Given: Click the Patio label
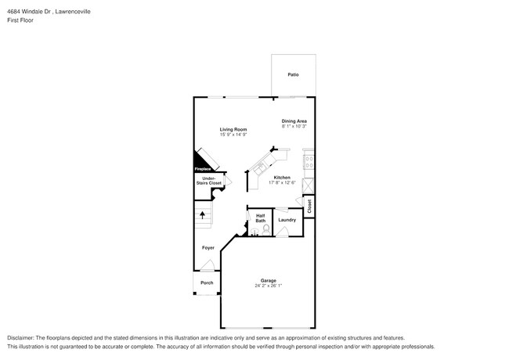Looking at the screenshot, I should coord(293,74).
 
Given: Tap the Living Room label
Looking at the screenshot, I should coord(233,129).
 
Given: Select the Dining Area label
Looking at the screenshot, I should coord(294,121).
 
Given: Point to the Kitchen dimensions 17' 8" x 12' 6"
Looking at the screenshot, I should coord(282,183).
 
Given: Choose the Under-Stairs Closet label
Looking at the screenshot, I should coord(209,181).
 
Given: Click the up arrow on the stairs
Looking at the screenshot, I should coord(204,212).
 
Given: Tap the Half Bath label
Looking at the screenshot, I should coord(261,218).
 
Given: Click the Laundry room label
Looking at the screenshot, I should coord(287,220).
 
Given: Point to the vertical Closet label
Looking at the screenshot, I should coord(309,206).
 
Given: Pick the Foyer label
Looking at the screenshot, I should coord(208,248).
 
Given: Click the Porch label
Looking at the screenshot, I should coord(207,283).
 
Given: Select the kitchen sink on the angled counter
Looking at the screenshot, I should coord(261,165).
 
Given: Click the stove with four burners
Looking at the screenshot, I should coord(309,164).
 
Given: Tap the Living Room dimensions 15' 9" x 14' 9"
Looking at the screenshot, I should coord(233,135).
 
